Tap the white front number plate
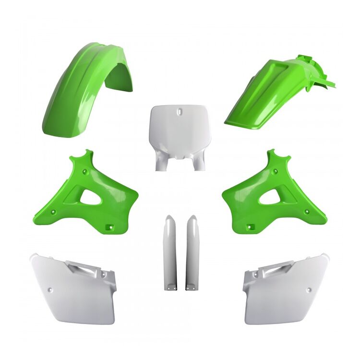pyautogui.click(x=180, y=127)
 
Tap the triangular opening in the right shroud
pyautogui.click(x=270, y=197)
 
